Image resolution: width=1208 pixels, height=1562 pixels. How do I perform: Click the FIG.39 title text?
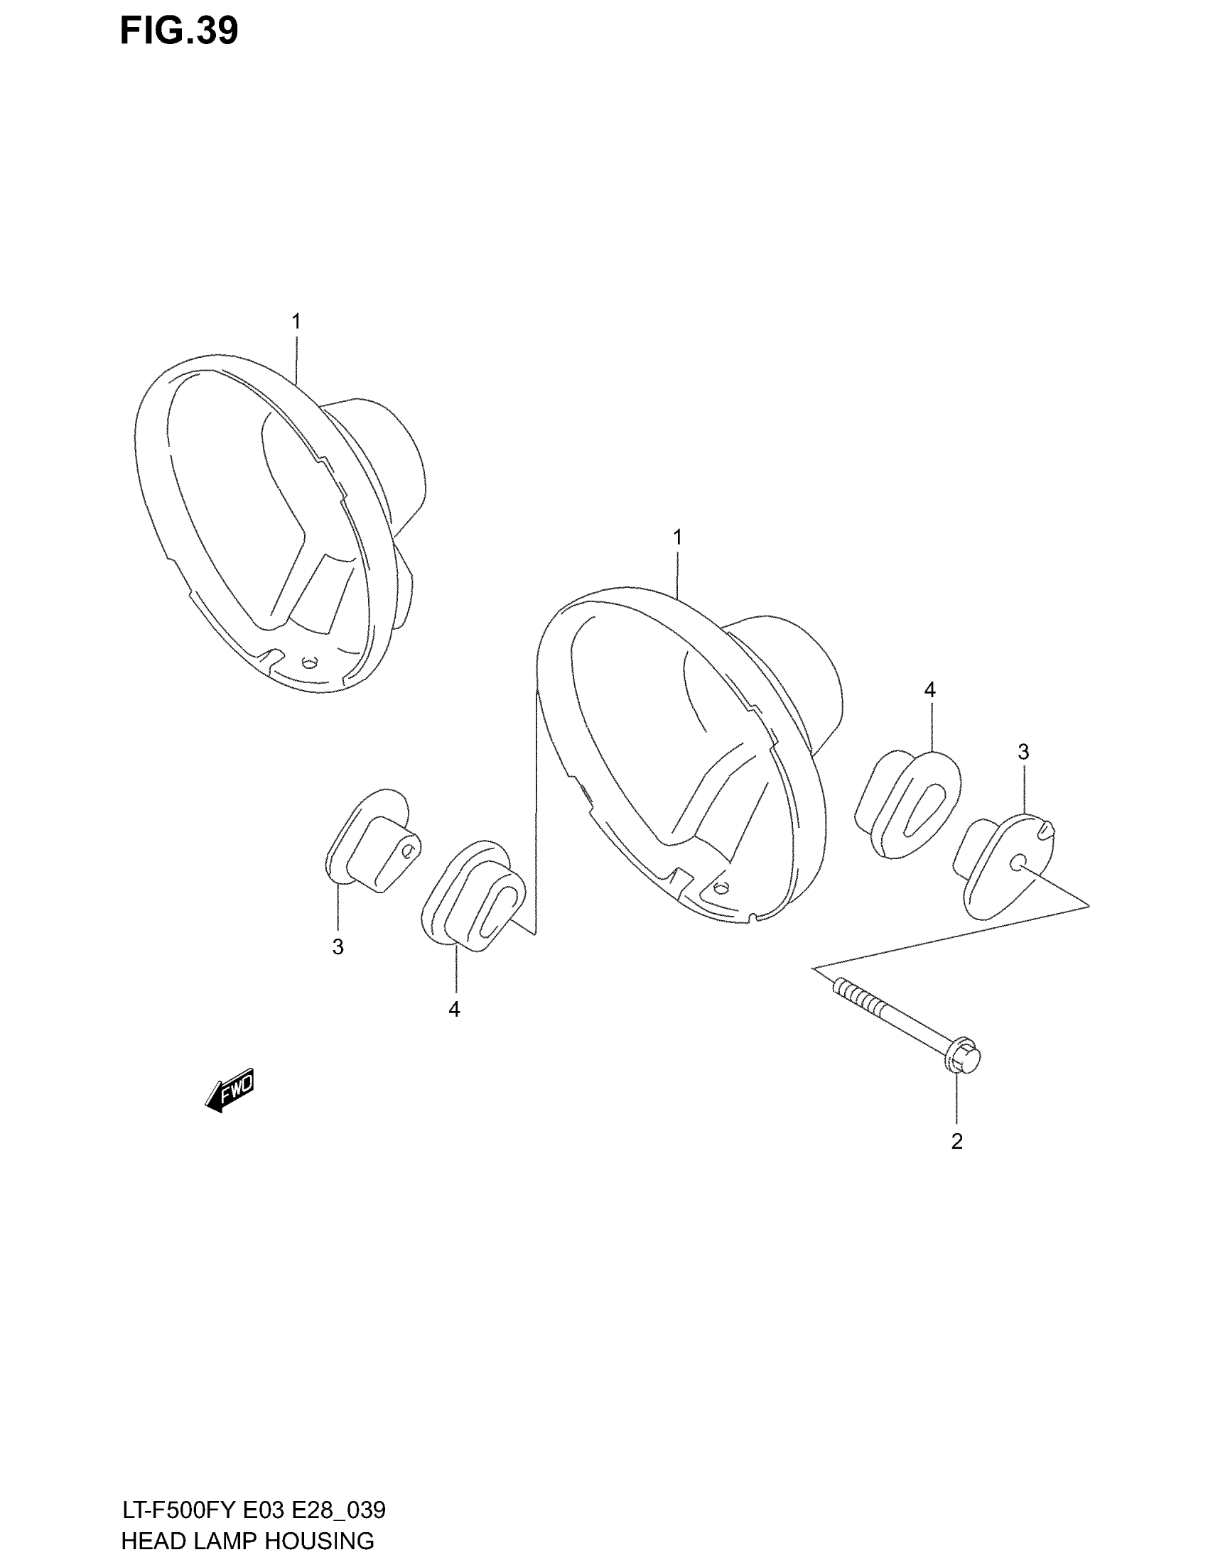coord(178,31)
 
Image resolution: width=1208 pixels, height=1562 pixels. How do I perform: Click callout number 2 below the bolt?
coord(957,1142)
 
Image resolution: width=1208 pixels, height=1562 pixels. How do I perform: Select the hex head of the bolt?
coord(964,1059)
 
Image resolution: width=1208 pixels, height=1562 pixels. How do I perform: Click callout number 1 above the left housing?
coord(296,322)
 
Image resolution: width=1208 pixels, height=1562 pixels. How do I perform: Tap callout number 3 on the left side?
coord(338,947)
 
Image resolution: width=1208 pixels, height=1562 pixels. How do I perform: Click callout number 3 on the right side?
coord(1023,752)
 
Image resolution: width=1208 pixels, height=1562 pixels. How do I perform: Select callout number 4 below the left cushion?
coord(454,1009)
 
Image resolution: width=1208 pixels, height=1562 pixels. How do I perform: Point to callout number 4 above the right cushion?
coord(929,690)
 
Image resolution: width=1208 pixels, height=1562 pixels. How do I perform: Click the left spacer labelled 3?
coord(372,841)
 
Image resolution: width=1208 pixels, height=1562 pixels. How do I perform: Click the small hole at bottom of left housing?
coord(309,662)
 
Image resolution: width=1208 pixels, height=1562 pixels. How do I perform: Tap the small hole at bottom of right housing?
coord(721,887)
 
